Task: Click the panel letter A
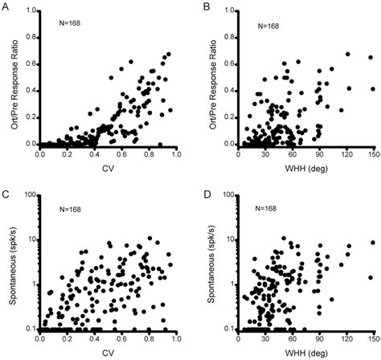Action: (7, 9)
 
